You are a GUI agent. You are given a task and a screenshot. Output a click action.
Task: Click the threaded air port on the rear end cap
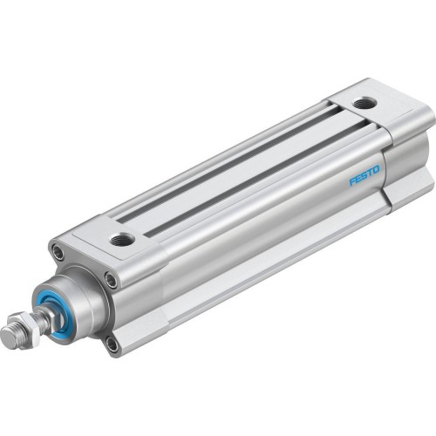(x=365, y=103)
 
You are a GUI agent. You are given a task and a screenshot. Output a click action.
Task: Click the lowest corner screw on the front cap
(x=112, y=344)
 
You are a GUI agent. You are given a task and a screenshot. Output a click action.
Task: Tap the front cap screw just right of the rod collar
(x=111, y=280)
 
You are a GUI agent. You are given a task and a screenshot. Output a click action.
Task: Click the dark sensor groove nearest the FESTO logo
(x=262, y=174)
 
